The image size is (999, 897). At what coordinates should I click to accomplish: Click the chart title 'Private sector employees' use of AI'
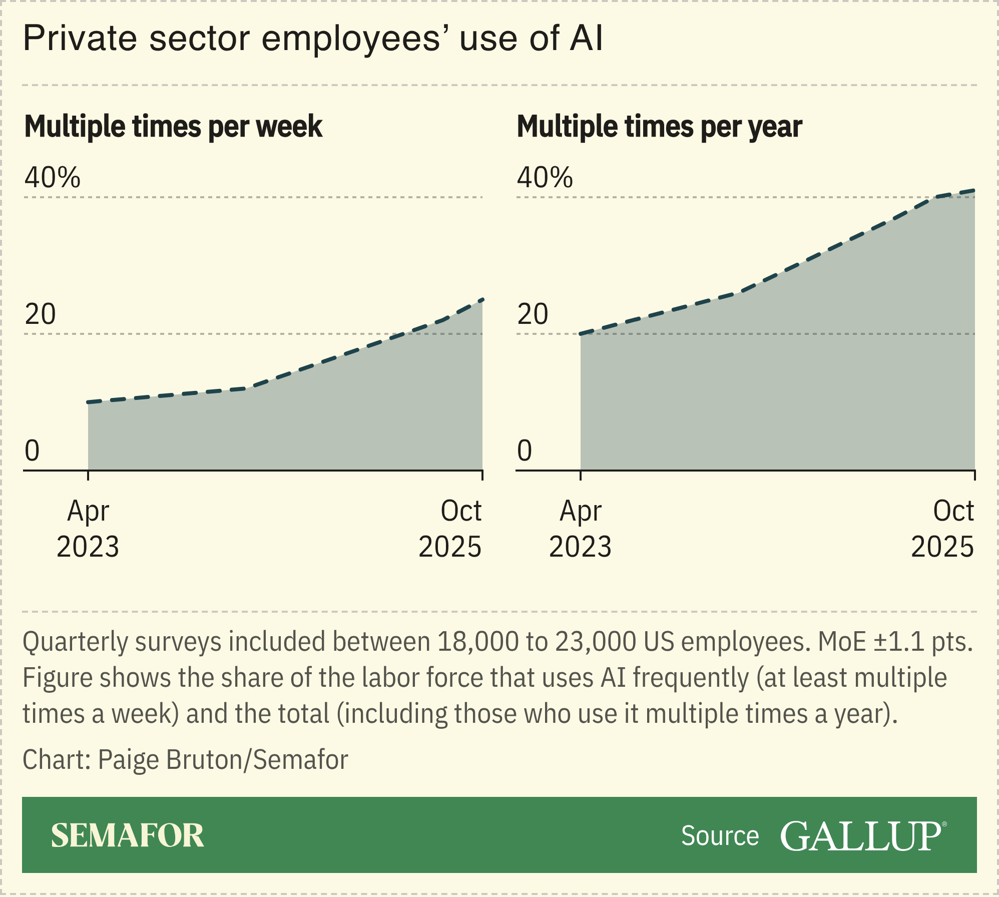313,39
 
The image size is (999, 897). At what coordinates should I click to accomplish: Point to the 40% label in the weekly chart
52,177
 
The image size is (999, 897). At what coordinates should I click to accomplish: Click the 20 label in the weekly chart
41,314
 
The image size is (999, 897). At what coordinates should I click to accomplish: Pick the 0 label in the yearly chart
524,451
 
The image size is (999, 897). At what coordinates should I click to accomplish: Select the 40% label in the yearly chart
545,177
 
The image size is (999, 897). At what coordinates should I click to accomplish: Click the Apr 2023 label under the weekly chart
88,529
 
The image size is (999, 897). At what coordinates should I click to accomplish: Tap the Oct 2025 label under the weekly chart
450,529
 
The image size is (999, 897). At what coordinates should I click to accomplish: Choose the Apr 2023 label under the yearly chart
580,529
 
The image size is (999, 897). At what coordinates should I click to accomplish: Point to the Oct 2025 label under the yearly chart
942,529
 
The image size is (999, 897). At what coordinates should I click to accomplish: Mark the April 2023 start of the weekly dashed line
89,402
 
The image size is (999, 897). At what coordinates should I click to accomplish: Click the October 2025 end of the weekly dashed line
482,300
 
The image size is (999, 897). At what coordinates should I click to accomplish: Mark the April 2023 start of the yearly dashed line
581,334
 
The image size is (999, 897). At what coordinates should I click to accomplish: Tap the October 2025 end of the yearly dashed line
974,190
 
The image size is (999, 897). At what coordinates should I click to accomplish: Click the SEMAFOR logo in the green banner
127,835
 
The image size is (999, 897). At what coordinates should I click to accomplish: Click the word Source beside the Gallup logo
720,836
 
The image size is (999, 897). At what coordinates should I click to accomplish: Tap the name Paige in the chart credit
129,760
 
